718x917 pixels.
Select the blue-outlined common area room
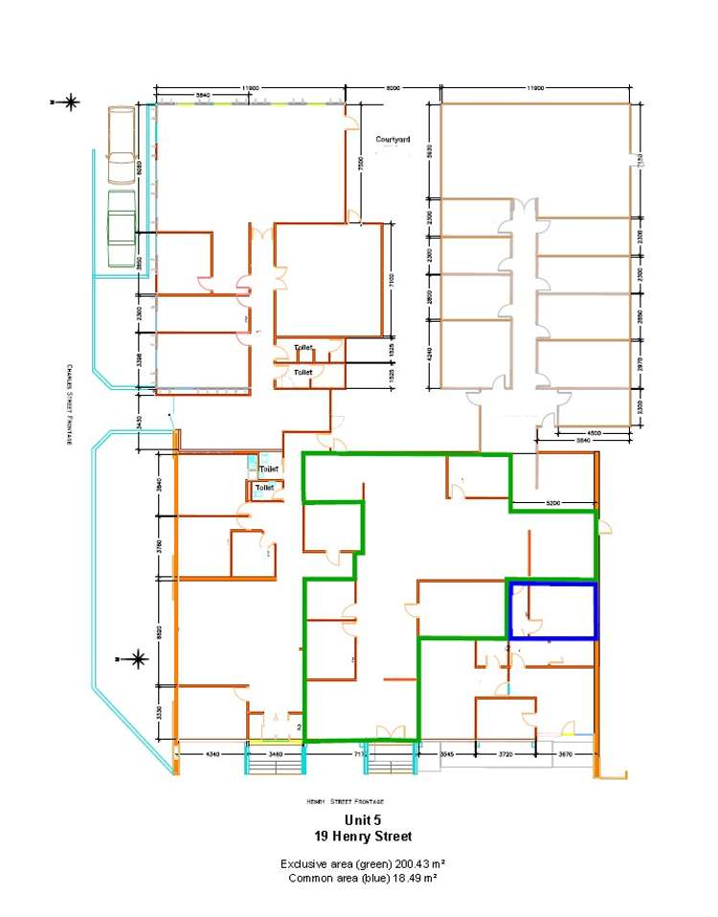coord(551,610)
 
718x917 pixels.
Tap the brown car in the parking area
coord(122,146)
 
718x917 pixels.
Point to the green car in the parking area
coord(122,228)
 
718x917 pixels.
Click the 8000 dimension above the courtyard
coord(393,88)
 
